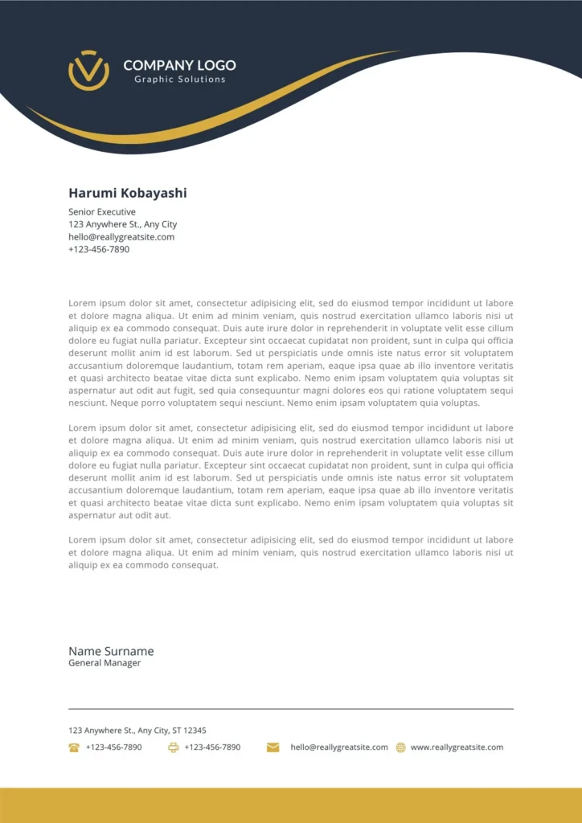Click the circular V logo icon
coord(88,70)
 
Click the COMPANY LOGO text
coord(179,65)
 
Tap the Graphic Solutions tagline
coord(179,80)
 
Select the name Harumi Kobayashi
coord(127,193)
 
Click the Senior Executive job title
coord(102,212)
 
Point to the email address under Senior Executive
coord(121,237)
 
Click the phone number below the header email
coord(99,249)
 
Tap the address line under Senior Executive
coord(122,224)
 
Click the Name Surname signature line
coord(111,651)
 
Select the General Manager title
coord(105,663)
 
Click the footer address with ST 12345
coord(137,731)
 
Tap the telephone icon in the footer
coord(74,747)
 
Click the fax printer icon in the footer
coord(173,747)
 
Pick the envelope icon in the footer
coord(273,747)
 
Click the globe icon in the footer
coord(400,747)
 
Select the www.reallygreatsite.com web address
coord(457,747)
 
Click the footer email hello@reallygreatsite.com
coord(339,747)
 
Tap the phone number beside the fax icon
coord(212,747)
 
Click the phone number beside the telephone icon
coord(113,747)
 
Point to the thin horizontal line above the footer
coord(291,709)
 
